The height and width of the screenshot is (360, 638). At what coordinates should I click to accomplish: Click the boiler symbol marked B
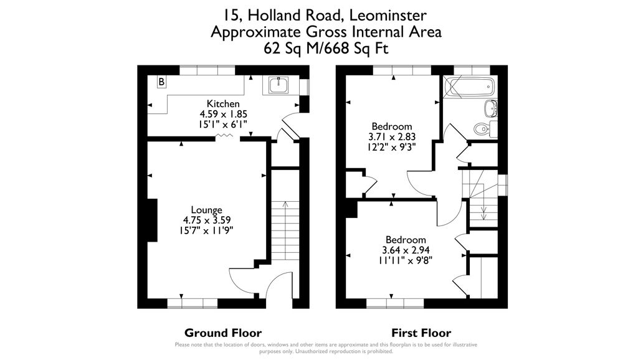point(161,82)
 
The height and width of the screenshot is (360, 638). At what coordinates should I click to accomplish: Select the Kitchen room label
point(223,103)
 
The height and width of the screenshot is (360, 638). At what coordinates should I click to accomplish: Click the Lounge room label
point(206,210)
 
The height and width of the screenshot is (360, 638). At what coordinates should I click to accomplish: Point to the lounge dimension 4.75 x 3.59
point(206,220)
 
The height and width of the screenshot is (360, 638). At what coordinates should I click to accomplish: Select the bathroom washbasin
point(491,108)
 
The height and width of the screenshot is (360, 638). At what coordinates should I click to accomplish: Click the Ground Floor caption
point(223,333)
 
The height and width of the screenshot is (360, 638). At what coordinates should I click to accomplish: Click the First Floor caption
point(421,333)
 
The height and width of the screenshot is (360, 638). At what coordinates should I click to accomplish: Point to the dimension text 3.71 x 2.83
point(392,136)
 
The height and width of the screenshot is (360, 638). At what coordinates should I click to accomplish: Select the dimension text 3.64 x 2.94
point(406,251)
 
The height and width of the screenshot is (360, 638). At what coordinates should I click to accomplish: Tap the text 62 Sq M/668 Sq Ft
point(326,48)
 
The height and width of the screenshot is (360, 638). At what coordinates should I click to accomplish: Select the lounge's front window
point(192,303)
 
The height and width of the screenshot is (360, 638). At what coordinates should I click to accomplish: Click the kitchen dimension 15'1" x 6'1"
point(223,124)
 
